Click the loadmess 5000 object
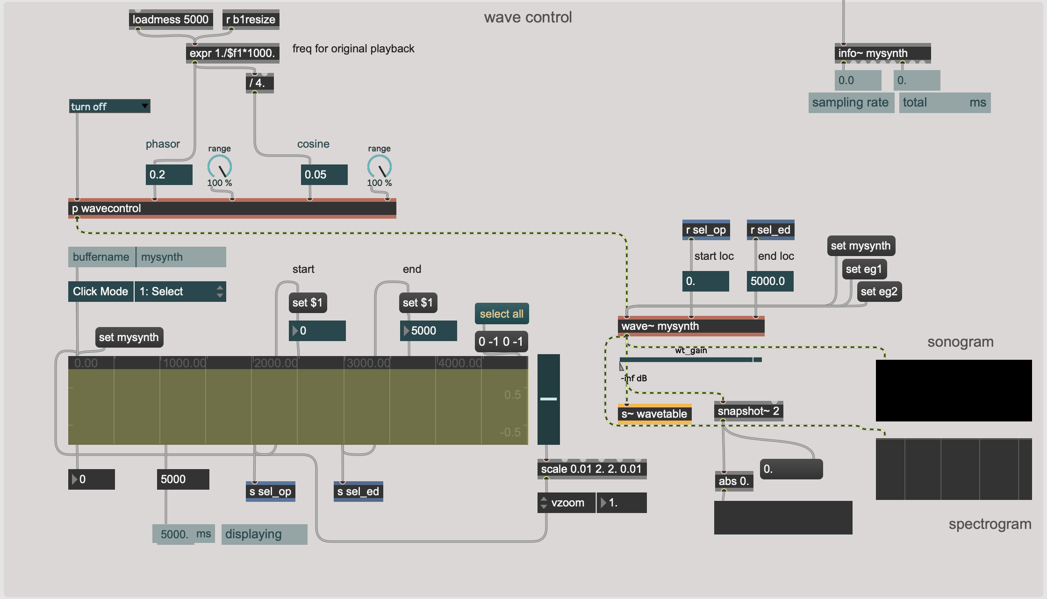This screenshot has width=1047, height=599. tap(171, 20)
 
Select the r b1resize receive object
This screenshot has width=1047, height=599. tap(251, 20)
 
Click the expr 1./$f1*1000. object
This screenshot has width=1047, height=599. tap(232, 53)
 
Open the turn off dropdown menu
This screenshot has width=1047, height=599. tap(109, 107)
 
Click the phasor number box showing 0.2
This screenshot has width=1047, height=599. tap(169, 175)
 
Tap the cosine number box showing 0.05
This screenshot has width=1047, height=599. tap(324, 175)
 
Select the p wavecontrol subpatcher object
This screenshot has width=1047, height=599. tap(232, 208)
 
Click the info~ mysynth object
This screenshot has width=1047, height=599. tap(882, 53)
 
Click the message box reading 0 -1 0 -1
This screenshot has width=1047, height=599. tap(501, 342)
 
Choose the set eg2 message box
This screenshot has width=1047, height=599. tap(879, 292)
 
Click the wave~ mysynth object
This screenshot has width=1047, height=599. tap(690, 326)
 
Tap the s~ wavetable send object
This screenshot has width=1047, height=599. tap(654, 414)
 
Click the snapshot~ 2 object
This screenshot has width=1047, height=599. tap(748, 411)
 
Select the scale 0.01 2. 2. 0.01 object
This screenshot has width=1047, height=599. tap(591, 469)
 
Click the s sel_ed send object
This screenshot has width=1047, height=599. tap(358, 492)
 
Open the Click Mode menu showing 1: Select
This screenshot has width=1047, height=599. tap(180, 292)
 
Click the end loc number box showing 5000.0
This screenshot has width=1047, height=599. tap(770, 281)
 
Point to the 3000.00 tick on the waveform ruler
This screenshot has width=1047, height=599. tap(368, 363)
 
